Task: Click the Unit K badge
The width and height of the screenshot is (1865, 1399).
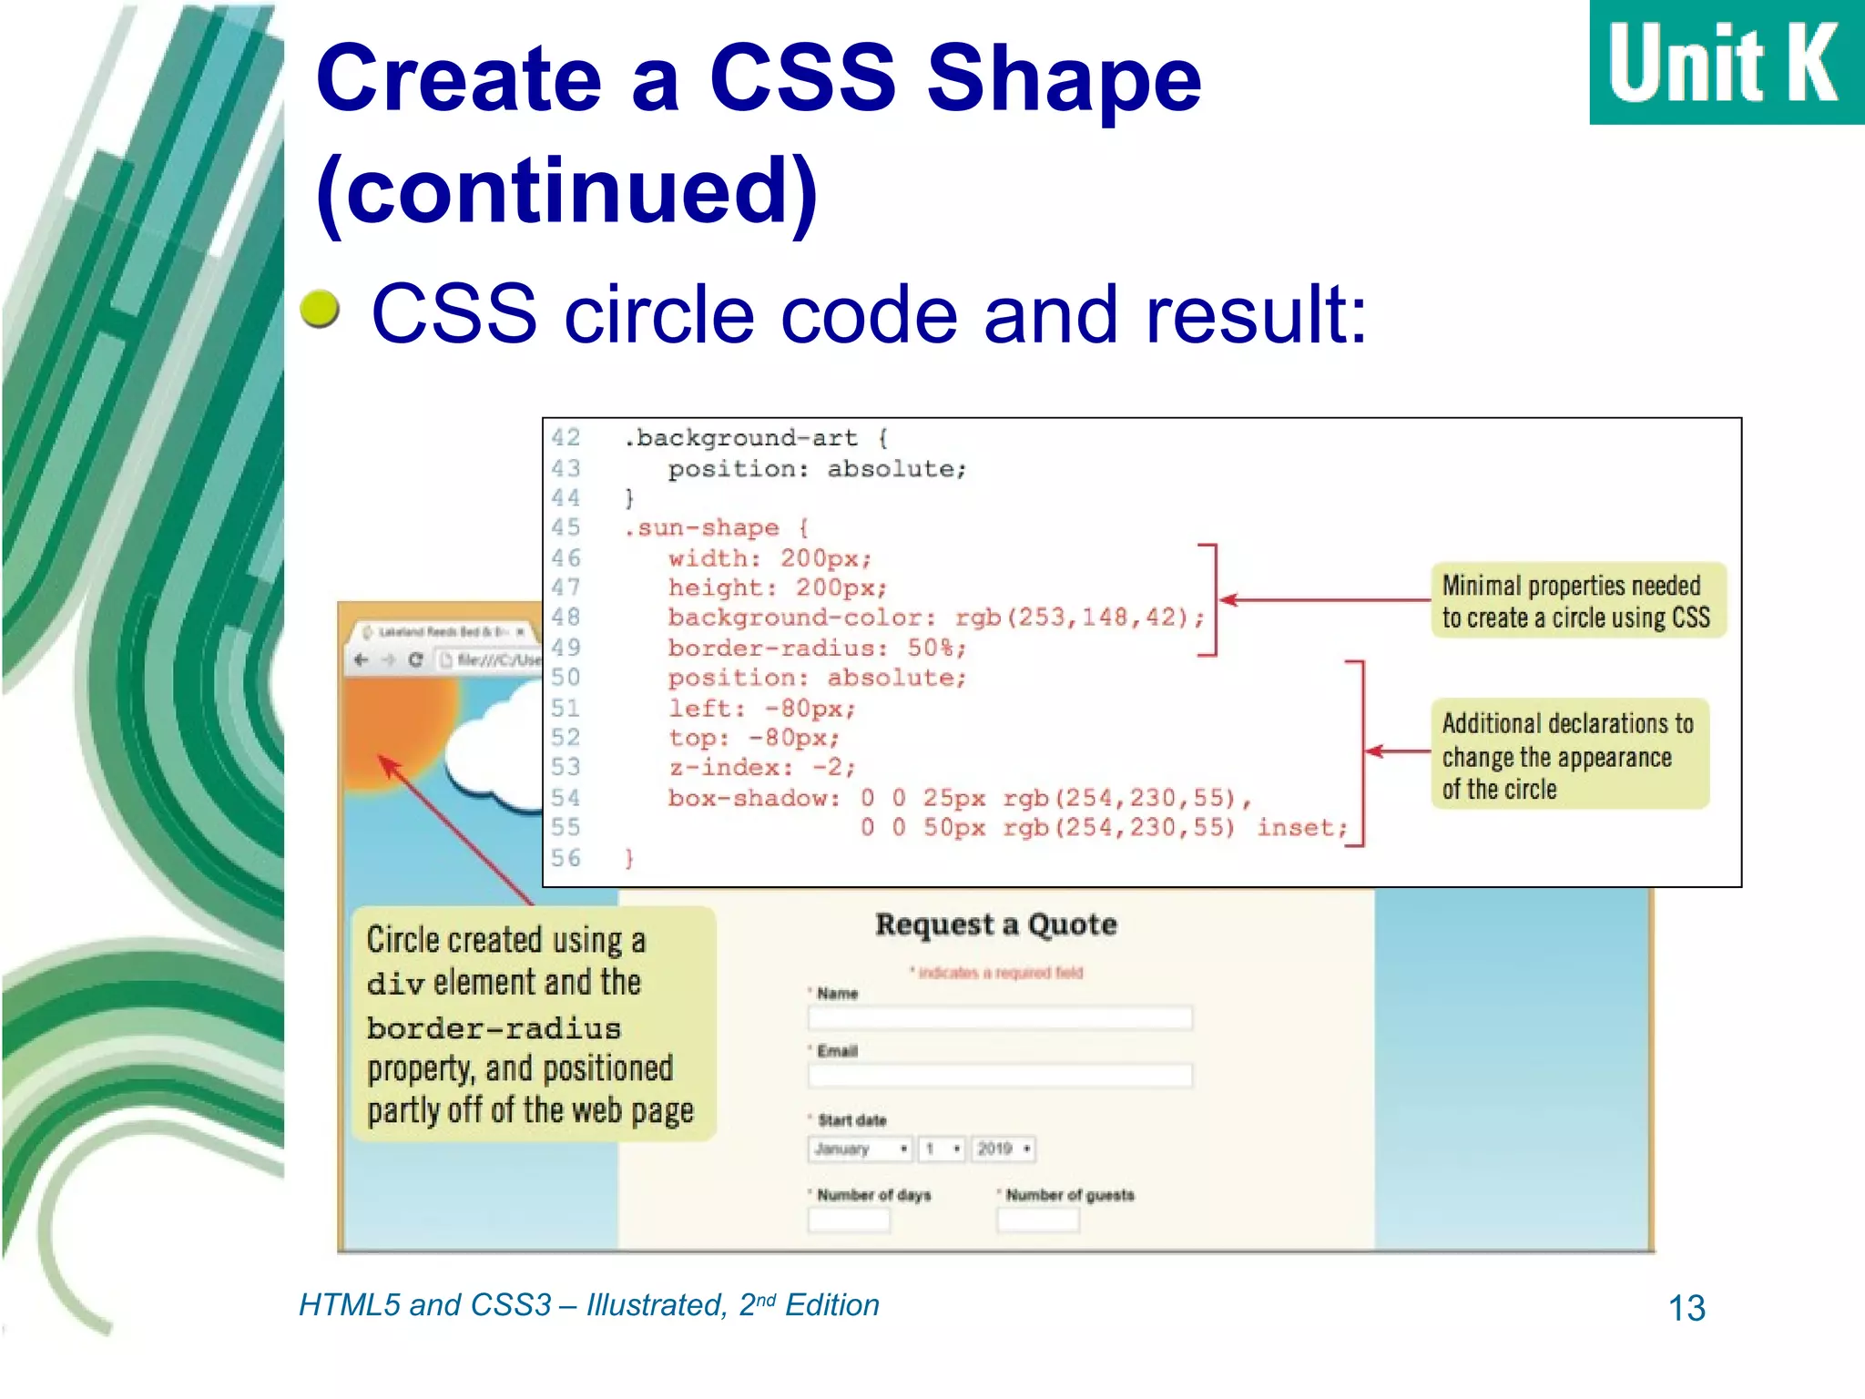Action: coord(1726,62)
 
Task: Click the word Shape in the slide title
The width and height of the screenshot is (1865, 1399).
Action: coord(1064,79)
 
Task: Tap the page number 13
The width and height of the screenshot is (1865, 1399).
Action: coord(1686,1308)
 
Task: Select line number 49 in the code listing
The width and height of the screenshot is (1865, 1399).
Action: coord(566,648)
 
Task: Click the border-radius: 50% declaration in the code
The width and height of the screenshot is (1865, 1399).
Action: coord(816,648)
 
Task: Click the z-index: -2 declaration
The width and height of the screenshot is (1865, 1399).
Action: coord(762,768)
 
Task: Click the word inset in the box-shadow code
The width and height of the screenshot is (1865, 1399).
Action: coord(1299,828)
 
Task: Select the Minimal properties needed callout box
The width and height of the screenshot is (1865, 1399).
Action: coord(1576,601)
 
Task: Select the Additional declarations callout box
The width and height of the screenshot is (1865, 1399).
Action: coord(1568,755)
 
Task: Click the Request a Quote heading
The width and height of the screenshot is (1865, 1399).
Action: coord(995,924)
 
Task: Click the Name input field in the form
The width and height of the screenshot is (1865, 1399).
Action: coord(999,1017)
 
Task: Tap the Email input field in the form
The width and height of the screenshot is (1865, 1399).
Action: coord(999,1076)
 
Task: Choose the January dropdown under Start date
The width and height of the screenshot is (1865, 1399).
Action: coord(860,1149)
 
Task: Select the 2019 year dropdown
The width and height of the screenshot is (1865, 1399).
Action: coord(1002,1149)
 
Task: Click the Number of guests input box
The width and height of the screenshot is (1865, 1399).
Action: coord(1037,1220)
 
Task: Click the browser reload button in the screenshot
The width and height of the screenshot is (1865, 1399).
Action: coord(416,660)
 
